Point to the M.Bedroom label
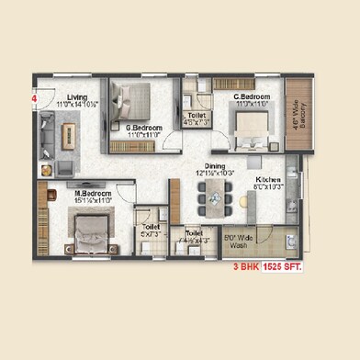tap(93, 194)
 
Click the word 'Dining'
tap(217, 165)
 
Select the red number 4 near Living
tap(35, 94)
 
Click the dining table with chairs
tap(212, 196)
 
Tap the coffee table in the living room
tap(67, 137)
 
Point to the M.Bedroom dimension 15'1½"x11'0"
tap(93, 202)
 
